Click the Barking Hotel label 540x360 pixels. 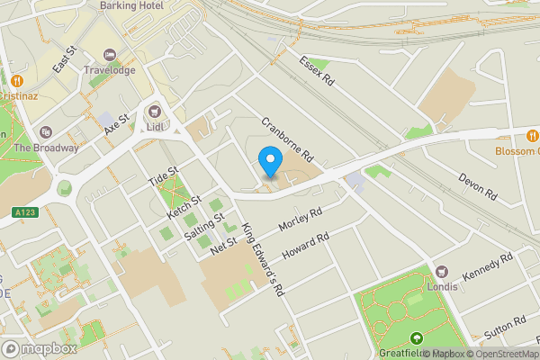(x=130, y=5)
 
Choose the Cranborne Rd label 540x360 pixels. (x=286, y=137)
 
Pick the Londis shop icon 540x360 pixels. (x=442, y=271)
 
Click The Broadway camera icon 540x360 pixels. (x=48, y=132)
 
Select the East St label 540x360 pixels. (x=62, y=62)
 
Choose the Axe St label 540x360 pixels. (x=117, y=124)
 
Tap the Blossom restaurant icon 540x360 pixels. (x=533, y=136)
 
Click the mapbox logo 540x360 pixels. (x=40, y=348)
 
